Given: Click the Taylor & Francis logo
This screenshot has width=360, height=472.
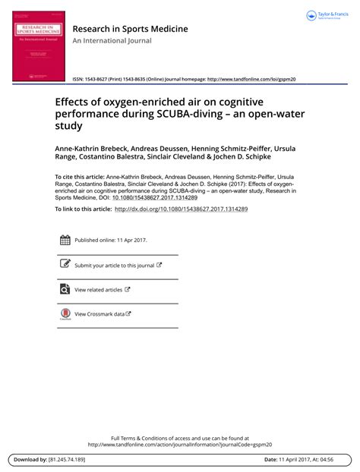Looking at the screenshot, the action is (x=327, y=15).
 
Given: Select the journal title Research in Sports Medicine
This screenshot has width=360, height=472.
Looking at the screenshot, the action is (x=130, y=30).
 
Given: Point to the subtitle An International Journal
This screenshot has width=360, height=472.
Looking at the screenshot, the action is (x=108, y=44).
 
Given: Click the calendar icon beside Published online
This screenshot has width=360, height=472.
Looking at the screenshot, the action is (x=65, y=241).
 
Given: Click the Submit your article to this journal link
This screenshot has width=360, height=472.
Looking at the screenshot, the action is (x=114, y=266).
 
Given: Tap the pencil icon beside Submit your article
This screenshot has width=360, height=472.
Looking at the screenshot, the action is (x=65, y=265).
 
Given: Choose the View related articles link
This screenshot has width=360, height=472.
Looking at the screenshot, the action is (x=98, y=289).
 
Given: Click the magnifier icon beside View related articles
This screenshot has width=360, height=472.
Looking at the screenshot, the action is (x=65, y=289).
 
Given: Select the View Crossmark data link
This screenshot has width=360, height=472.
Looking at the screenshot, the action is (x=99, y=313).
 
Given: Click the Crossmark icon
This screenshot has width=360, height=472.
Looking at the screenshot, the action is (x=65, y=313).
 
